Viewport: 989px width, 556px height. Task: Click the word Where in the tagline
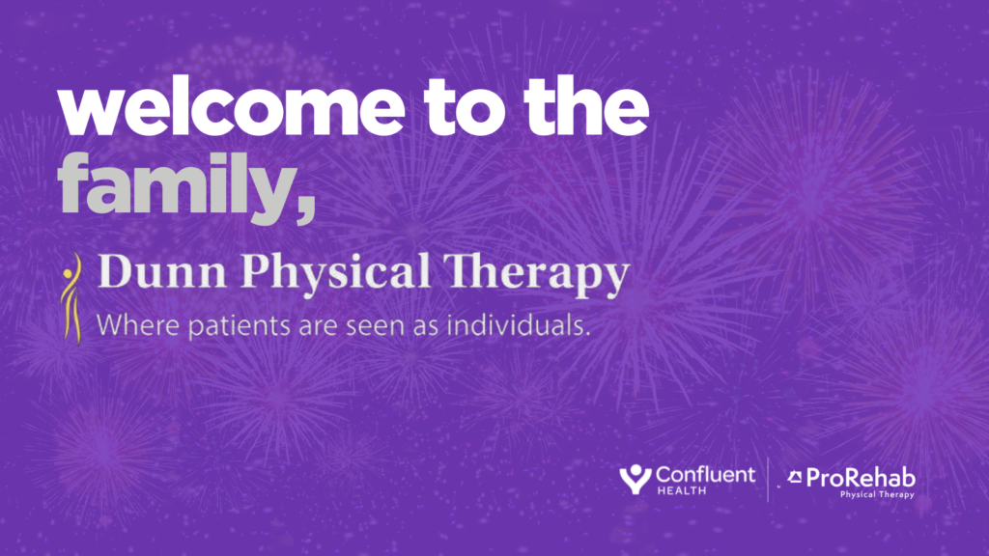pyautogui.click(x=128, y=325)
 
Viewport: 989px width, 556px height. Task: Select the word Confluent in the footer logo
pyautogui.click(x=705, y=475)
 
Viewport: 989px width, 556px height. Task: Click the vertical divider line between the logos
pyautogui.click(x=768, y=480)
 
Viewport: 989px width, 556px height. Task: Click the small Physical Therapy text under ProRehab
pyautogui.click(x=877, y=494)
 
